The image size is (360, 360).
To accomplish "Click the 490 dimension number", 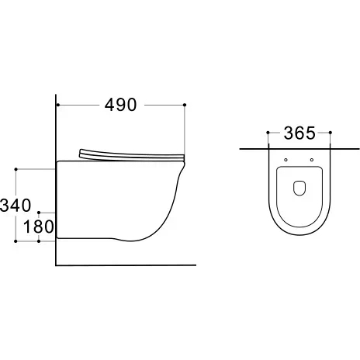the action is pos(120,105).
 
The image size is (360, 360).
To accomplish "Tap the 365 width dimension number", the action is pos(299,133).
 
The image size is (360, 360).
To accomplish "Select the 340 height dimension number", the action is pos(16,206).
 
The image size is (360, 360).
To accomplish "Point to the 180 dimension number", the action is pos(39,227).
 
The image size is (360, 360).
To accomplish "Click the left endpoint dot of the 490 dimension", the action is pos(58,105).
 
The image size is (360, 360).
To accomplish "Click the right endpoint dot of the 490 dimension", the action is pos(185,105).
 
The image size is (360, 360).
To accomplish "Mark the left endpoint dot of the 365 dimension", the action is pos(268,133).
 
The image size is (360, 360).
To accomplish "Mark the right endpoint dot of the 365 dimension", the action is pos(331,133).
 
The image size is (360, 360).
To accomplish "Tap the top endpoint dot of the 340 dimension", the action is pos(16,169).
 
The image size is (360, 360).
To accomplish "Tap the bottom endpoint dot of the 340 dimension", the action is pos(16,241).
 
